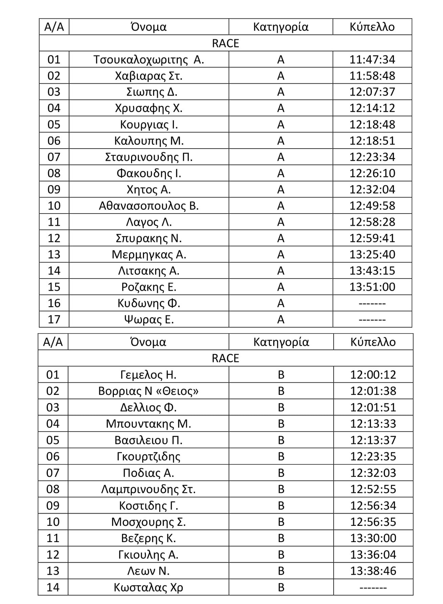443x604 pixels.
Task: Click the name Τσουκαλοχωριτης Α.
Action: [149, 60]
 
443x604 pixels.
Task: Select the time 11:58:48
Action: [372, 76]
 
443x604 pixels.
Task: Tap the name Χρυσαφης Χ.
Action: [149, 108]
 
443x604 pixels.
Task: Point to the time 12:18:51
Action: [372, 141]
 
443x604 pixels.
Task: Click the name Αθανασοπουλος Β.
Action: [149, 206]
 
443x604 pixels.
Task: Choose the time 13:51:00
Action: [372, 287]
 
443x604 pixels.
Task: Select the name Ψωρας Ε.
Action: [149, 319]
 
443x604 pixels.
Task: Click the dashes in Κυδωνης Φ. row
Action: [372, 304]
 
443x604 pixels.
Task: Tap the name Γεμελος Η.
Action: [148, 375]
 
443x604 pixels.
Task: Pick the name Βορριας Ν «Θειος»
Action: [148, 391]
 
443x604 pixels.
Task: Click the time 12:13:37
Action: [373, 440]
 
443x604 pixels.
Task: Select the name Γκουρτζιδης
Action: [148, 456]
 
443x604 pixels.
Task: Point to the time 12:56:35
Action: [373, 522]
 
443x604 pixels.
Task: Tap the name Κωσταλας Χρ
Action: [148, 587]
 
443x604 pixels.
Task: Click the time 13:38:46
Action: [373, 571]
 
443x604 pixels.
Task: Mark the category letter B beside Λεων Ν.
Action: [281, 571]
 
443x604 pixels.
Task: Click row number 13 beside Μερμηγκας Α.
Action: [54, 254]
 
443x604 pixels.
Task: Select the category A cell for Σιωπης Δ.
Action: [281, 92]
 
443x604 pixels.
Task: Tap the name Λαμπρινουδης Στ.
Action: [148, 489]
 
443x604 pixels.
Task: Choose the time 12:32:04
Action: [372, 189]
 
